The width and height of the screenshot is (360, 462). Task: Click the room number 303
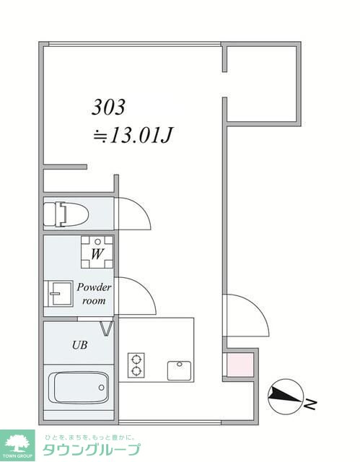pyautogui.click(x=108, y=107)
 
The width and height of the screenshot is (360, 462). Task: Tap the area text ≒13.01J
pyautogui.click(x=132, y=135)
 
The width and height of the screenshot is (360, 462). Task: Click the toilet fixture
pyautogui.click(x=66, y=214)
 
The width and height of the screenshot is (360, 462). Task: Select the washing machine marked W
pyautogui.click(x=97, y=252)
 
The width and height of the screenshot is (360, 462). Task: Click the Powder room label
pyautogui.click(x=94, y=294)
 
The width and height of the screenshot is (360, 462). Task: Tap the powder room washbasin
pyautogui.click(x=58, y=294)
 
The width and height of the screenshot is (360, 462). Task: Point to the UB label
pyautogui.click(x=80, y=345)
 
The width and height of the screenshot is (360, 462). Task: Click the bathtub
pyautogui.click(x=79, y=388)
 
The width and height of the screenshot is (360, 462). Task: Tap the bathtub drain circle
pyautogui.click(x=102, y=388)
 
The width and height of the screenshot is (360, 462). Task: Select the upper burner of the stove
pyautogui.click(x=136, y=359)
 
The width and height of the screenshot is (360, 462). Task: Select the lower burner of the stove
pyautogui.click(x=136, y=371)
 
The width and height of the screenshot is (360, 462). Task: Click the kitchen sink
pyautogui.click(x=179, y=370)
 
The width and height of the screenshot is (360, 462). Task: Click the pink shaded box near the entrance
pyautogui.click(x=240, y=365)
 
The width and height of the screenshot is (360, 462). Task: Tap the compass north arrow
pyautogui.click(x=285, y=396)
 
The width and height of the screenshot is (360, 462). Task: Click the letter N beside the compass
pyautogui.click(x=310, y=404)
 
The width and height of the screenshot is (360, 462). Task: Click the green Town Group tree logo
pyautogui.click(x=17, y=445)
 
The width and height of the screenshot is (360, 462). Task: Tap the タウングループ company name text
pyautogui.click(x=91, y=449)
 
